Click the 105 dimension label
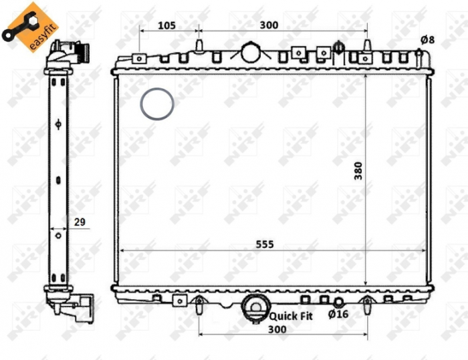[166, 25]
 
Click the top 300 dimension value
[268, 25]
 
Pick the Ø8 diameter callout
[427, 39]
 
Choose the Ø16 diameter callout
[338, 313]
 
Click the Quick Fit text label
[291, 313]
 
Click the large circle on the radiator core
[157, 104]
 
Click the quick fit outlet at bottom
[254, 307]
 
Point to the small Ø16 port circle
[338, 302]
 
